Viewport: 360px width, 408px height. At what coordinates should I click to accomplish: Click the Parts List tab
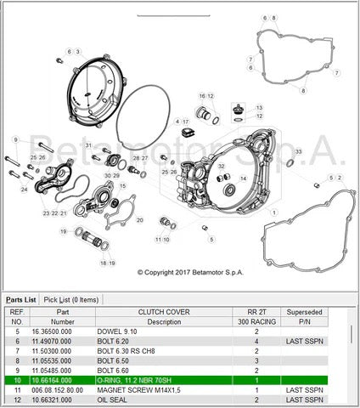click(21, 299)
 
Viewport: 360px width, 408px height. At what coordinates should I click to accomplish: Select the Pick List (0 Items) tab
click(71, 299)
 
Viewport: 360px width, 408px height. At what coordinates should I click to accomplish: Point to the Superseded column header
click(303, 312)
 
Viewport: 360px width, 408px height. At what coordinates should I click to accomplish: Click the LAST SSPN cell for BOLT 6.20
click(302, 341)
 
